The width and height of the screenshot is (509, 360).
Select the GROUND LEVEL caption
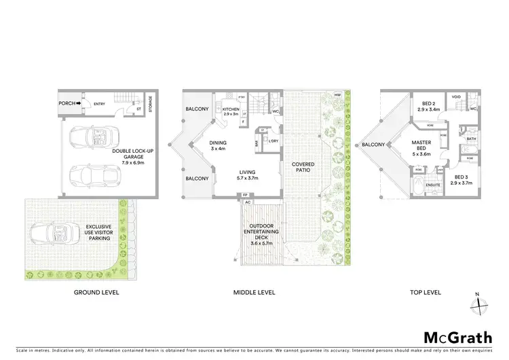[96, 293]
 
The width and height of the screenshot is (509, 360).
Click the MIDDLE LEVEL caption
[254, 293]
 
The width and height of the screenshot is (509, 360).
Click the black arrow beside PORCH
[79, 103]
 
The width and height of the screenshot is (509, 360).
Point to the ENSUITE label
[430, 184]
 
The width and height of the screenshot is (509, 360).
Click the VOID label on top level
[456, 97]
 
